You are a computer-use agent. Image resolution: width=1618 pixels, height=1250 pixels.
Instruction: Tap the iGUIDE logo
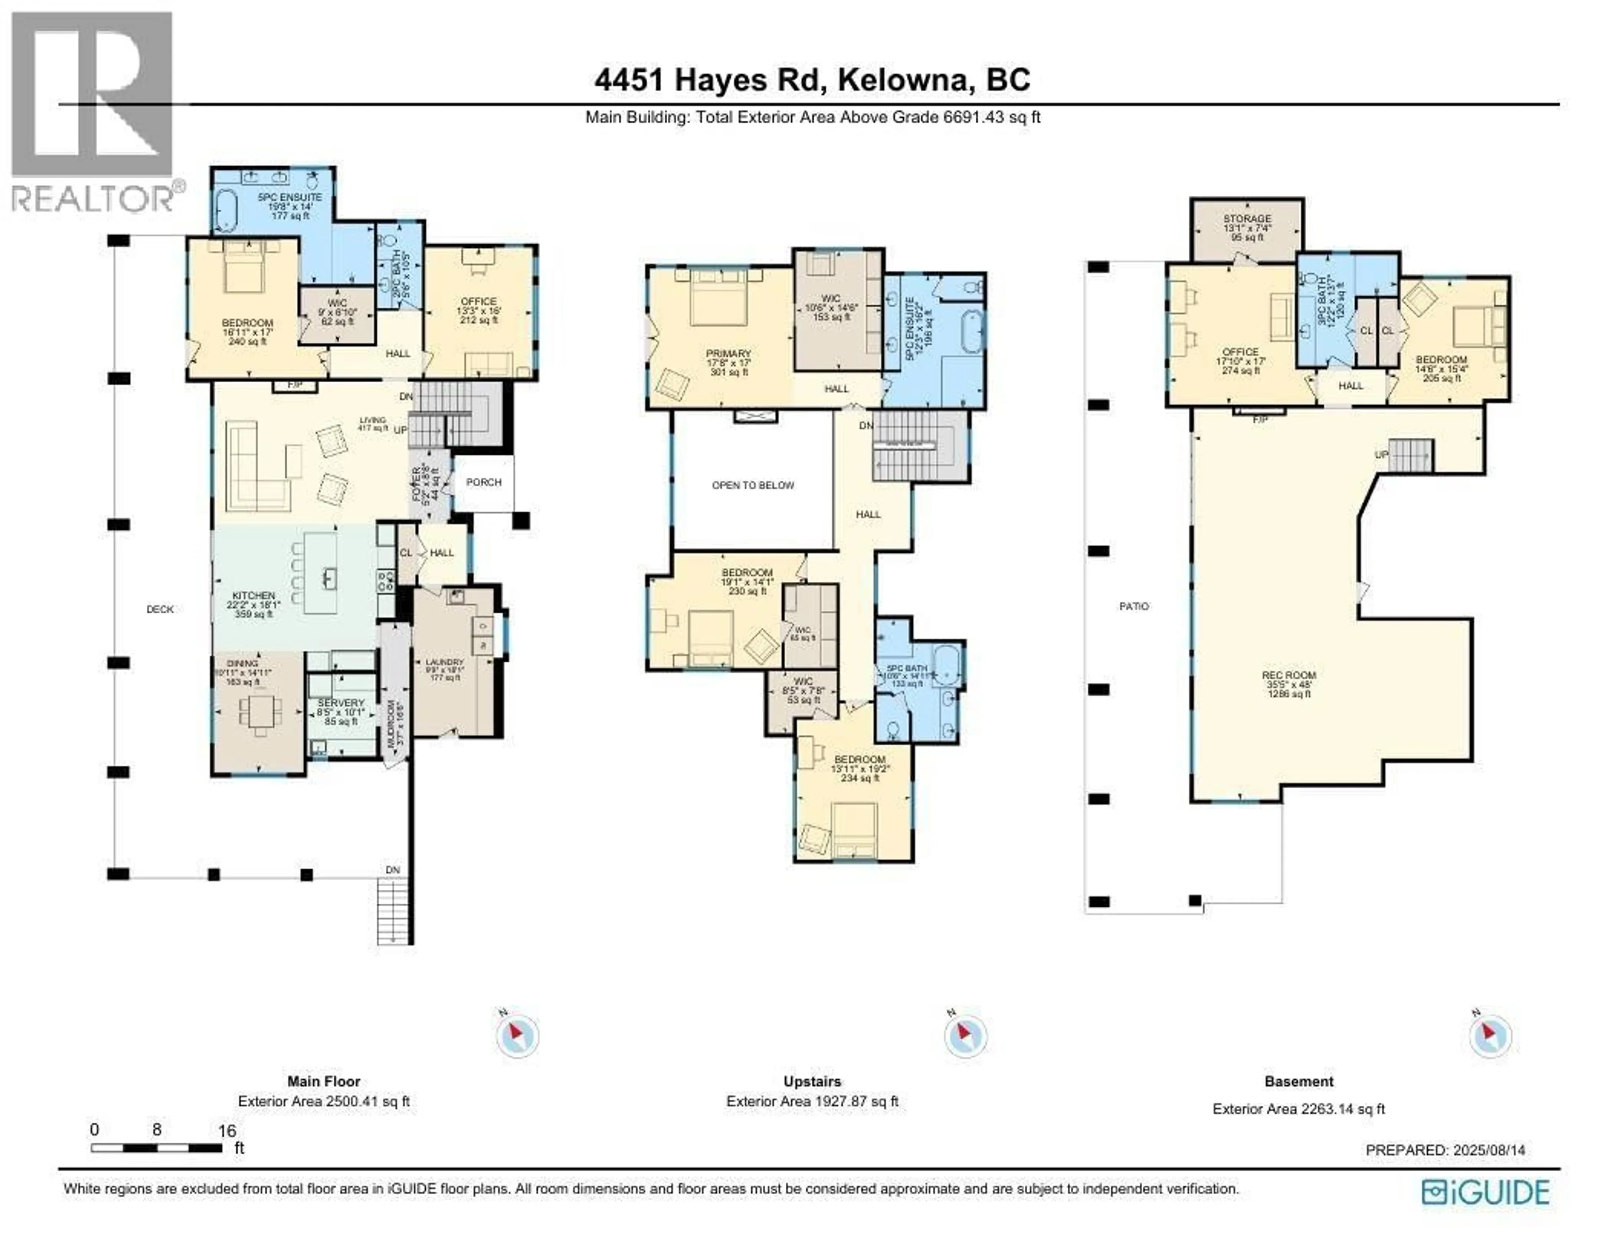pos(1485,1192)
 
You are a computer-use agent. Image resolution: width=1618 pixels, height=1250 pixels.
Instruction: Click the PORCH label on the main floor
pos(484,482)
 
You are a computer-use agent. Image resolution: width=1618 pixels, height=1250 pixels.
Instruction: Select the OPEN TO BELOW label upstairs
pos(753,485)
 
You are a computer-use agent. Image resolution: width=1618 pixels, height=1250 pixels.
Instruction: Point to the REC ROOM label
pos(1289,676)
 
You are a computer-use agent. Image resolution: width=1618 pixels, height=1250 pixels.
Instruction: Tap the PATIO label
pos(1133,606)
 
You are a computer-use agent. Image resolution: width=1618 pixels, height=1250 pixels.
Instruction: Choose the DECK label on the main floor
pos(160,609)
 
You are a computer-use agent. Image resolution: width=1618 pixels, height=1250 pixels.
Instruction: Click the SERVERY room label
pos(341,702)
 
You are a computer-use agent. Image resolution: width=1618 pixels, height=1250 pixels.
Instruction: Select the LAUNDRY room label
pos(445,662)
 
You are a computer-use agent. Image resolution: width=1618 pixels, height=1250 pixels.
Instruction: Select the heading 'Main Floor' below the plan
pos(324,1081)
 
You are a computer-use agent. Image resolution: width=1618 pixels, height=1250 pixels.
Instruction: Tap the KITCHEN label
pos(253,596)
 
